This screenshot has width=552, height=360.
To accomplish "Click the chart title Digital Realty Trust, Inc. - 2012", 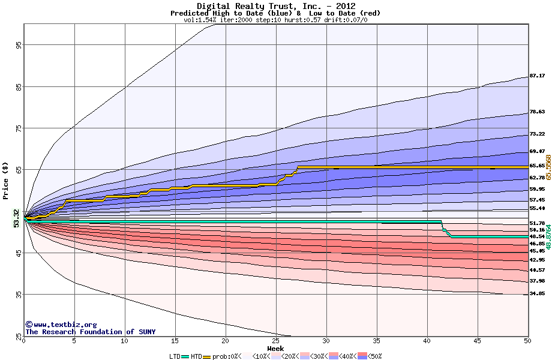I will click(x=275, y=6).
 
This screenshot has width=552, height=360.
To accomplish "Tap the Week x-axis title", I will click(x=275, y=348).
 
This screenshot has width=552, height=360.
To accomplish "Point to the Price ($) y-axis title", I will click(x=5, y=181).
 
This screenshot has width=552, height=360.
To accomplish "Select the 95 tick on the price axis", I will click(x=19, y=45).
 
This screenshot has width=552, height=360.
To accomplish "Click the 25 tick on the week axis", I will click(x=276, y=341).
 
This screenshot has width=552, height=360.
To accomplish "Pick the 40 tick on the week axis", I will click(x=427, y=341).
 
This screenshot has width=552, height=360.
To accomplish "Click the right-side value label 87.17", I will click(x=536, y=76).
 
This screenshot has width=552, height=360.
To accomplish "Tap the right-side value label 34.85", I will click(x=536, y=293).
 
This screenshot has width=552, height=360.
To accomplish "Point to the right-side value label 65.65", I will click(x=536, y=166).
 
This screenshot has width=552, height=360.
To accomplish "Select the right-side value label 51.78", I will click(x=536, y=223).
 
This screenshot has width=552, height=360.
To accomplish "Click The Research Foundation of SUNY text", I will click(x=90, y=332).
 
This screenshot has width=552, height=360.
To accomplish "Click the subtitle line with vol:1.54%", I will click(x=275, y=20).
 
